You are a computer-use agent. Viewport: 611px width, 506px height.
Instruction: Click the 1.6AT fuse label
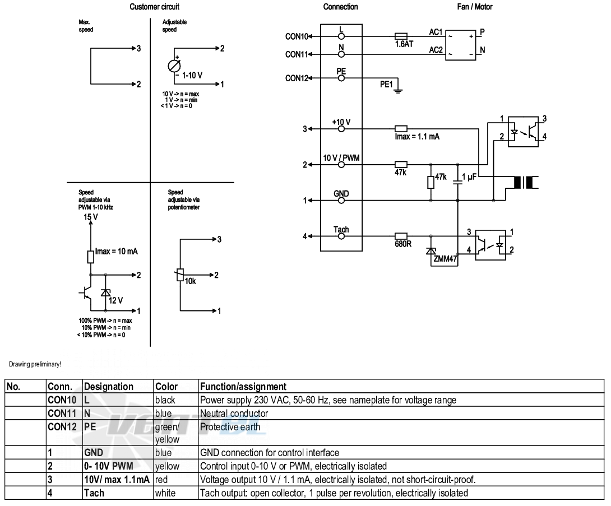tap(404, 44)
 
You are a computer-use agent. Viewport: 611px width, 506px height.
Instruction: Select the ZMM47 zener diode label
tap(445, 258)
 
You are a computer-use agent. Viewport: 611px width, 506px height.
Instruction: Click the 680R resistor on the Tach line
tap(401, 236)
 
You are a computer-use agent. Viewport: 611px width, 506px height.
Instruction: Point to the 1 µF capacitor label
tap(469, 177)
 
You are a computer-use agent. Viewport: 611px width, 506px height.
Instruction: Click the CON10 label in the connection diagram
tap(297, 36)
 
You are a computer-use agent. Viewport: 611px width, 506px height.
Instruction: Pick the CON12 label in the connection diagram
tap(297, 78)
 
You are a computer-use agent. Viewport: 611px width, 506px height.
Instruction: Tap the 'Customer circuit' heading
tap(154, 7)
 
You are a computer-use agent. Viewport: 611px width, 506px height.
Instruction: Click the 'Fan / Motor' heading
tap(475, 7)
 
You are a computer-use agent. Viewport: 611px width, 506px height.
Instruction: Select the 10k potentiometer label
tap(190, 281)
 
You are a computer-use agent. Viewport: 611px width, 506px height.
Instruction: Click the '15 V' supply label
tap(91, 217)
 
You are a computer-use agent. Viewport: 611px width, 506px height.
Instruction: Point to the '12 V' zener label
tap(115, 300)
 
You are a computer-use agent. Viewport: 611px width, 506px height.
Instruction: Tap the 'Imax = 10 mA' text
tap(117, 251)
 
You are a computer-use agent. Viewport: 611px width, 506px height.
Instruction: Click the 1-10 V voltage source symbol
tap(174, 66)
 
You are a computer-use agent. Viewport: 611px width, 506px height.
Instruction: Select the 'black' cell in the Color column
tap(165, 400)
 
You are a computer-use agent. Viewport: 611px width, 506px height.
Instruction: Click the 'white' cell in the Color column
tap(165, 493)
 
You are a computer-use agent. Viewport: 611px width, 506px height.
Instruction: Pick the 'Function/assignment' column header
tap(243, 387)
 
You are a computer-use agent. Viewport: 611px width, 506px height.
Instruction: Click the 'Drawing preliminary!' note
tap(35, 364)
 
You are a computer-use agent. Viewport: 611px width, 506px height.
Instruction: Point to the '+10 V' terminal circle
tap(341, 129)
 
